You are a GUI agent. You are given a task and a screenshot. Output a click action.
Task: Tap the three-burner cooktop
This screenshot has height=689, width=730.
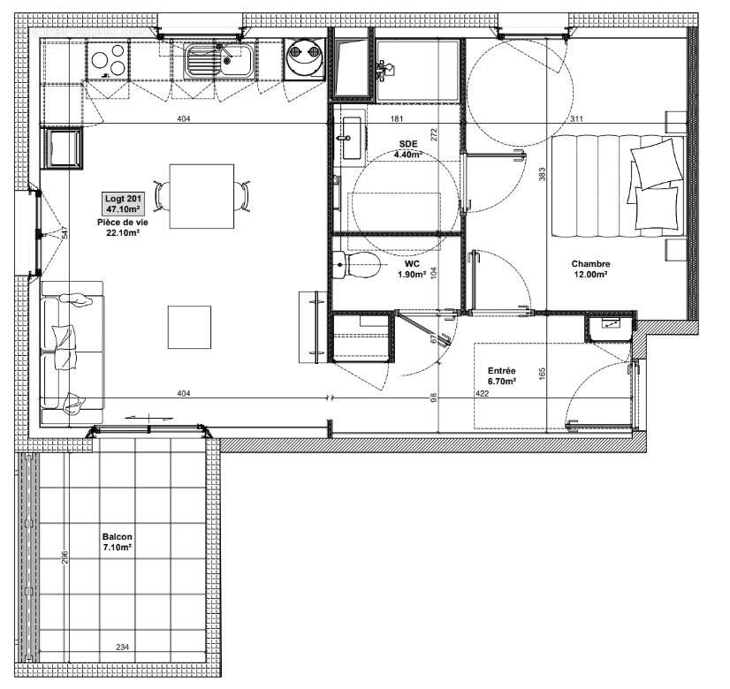[108, 62]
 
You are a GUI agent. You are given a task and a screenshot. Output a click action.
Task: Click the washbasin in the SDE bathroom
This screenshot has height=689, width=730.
[352, 138]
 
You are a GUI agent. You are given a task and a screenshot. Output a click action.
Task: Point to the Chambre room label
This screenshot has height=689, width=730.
[589, 264]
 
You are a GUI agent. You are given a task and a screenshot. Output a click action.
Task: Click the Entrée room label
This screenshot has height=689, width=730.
[502, 372]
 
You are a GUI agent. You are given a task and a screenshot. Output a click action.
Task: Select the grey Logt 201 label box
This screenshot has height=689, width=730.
[122, 204]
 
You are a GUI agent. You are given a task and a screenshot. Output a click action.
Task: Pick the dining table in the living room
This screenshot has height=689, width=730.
[202, 195]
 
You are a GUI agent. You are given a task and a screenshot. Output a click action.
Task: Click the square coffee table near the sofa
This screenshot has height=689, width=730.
[190, 326]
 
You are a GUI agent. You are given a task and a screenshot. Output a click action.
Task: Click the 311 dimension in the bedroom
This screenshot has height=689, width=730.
[576, 119]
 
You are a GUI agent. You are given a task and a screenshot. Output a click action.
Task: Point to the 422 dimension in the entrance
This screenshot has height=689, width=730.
[482, 393]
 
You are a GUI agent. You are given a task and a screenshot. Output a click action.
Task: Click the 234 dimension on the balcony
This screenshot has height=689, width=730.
[122, 647]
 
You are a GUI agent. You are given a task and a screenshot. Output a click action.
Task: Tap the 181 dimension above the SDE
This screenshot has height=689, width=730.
[397, 119]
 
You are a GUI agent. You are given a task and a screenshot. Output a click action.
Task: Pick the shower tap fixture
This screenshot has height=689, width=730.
[384, 68]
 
